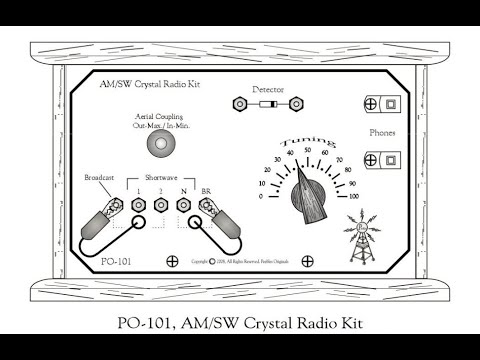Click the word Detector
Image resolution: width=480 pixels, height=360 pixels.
[x=269, y=89]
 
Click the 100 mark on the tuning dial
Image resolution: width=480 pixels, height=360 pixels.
[x=354, y=197]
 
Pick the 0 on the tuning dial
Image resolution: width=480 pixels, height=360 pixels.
[x=262, y=197]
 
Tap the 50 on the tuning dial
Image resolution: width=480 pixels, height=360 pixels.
[x=308, y=150]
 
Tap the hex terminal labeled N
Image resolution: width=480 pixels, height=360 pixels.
[x=183, y=207]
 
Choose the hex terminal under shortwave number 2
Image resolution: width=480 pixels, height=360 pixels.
[x=160, y=207]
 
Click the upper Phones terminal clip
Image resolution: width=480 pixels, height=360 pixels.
[x=382, y=104]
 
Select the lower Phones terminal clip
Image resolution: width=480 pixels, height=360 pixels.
[x=382, y=159]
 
